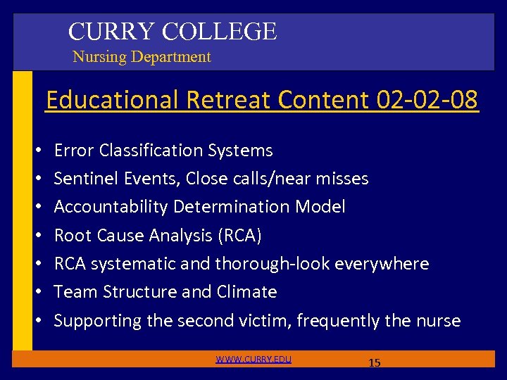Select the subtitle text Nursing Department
[142, 57]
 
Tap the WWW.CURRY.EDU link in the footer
[254, 360]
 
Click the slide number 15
[375, 362]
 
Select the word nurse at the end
[438, 321]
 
